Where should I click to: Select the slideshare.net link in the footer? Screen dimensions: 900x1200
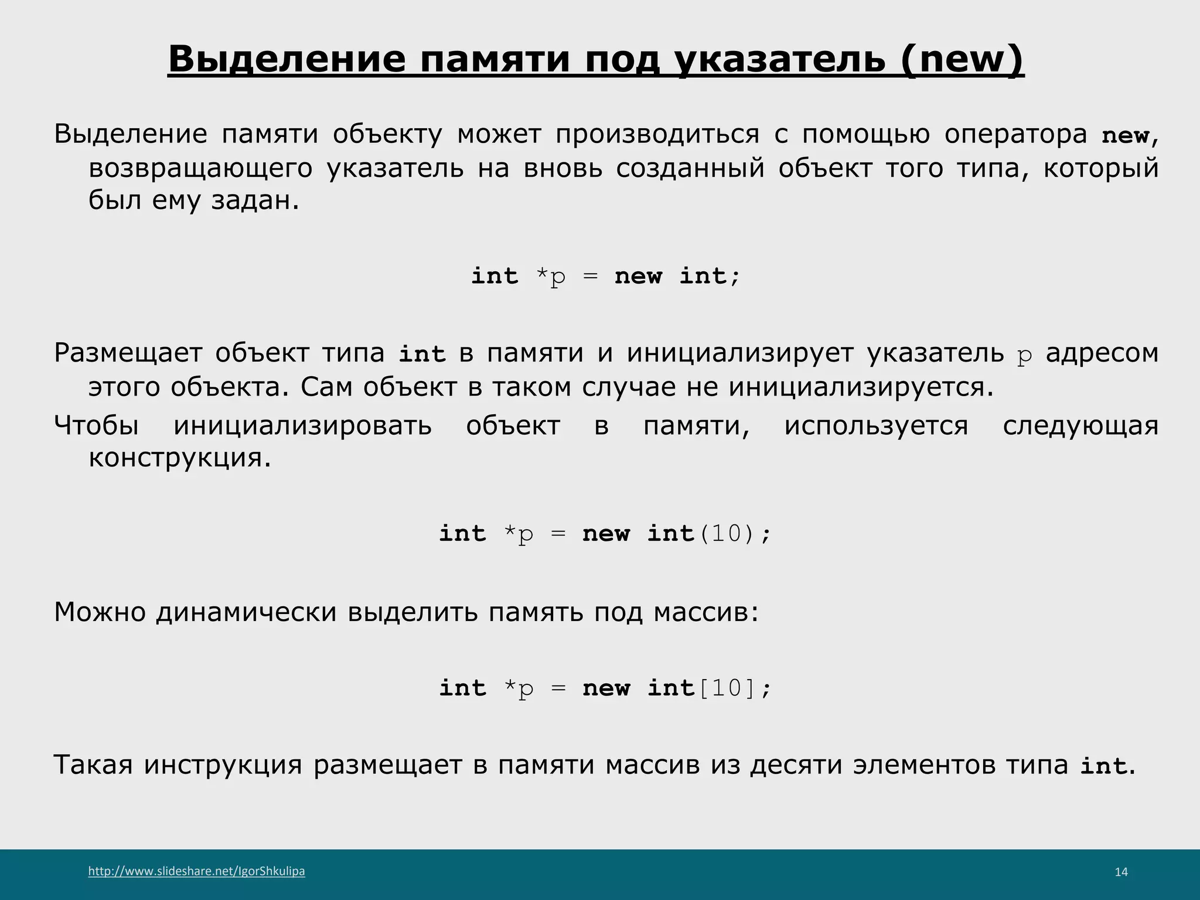tap(196, 871)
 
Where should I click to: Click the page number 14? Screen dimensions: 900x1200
tap(1121, 872)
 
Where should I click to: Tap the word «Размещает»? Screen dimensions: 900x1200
tap(127, 353)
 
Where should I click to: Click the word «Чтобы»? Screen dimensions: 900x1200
tap(96, 425)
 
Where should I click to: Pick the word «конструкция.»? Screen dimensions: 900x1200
tap(180, 458)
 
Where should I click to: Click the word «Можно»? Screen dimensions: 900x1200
tap(100, 612)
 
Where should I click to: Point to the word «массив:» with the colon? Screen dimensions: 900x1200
tap(705, 612)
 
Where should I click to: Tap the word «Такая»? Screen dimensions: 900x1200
tap(93, 765)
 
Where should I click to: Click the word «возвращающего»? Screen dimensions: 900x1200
tap(200, 169)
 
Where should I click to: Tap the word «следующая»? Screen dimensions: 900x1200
tap(1080, 425)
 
